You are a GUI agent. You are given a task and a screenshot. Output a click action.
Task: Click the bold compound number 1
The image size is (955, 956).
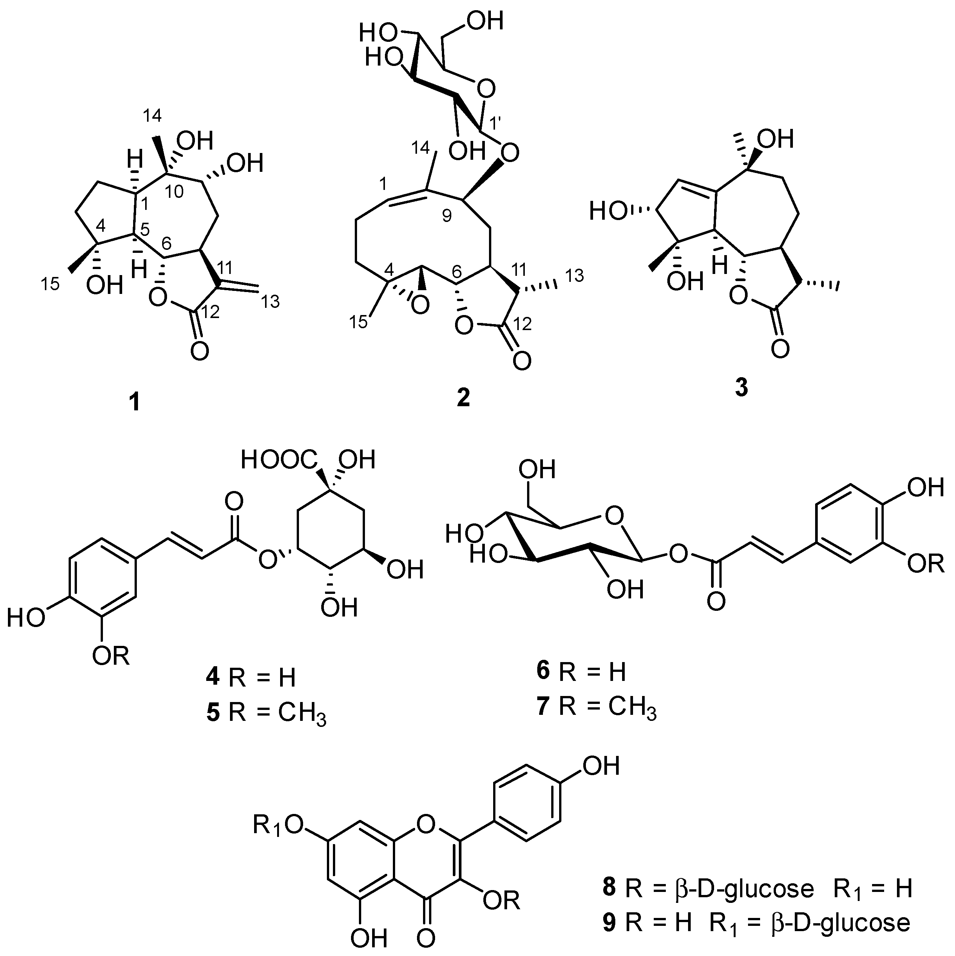[x=134, y=404]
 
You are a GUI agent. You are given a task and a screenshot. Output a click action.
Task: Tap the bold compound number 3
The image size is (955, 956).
[x=741, y=389]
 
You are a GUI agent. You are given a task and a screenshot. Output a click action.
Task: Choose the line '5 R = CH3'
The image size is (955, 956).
[x=266, y=715]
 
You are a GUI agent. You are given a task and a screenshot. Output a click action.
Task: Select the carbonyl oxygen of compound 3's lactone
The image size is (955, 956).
[x=780, y=349]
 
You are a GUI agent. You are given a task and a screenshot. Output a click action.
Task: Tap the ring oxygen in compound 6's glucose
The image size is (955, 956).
[x=613, y=517]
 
